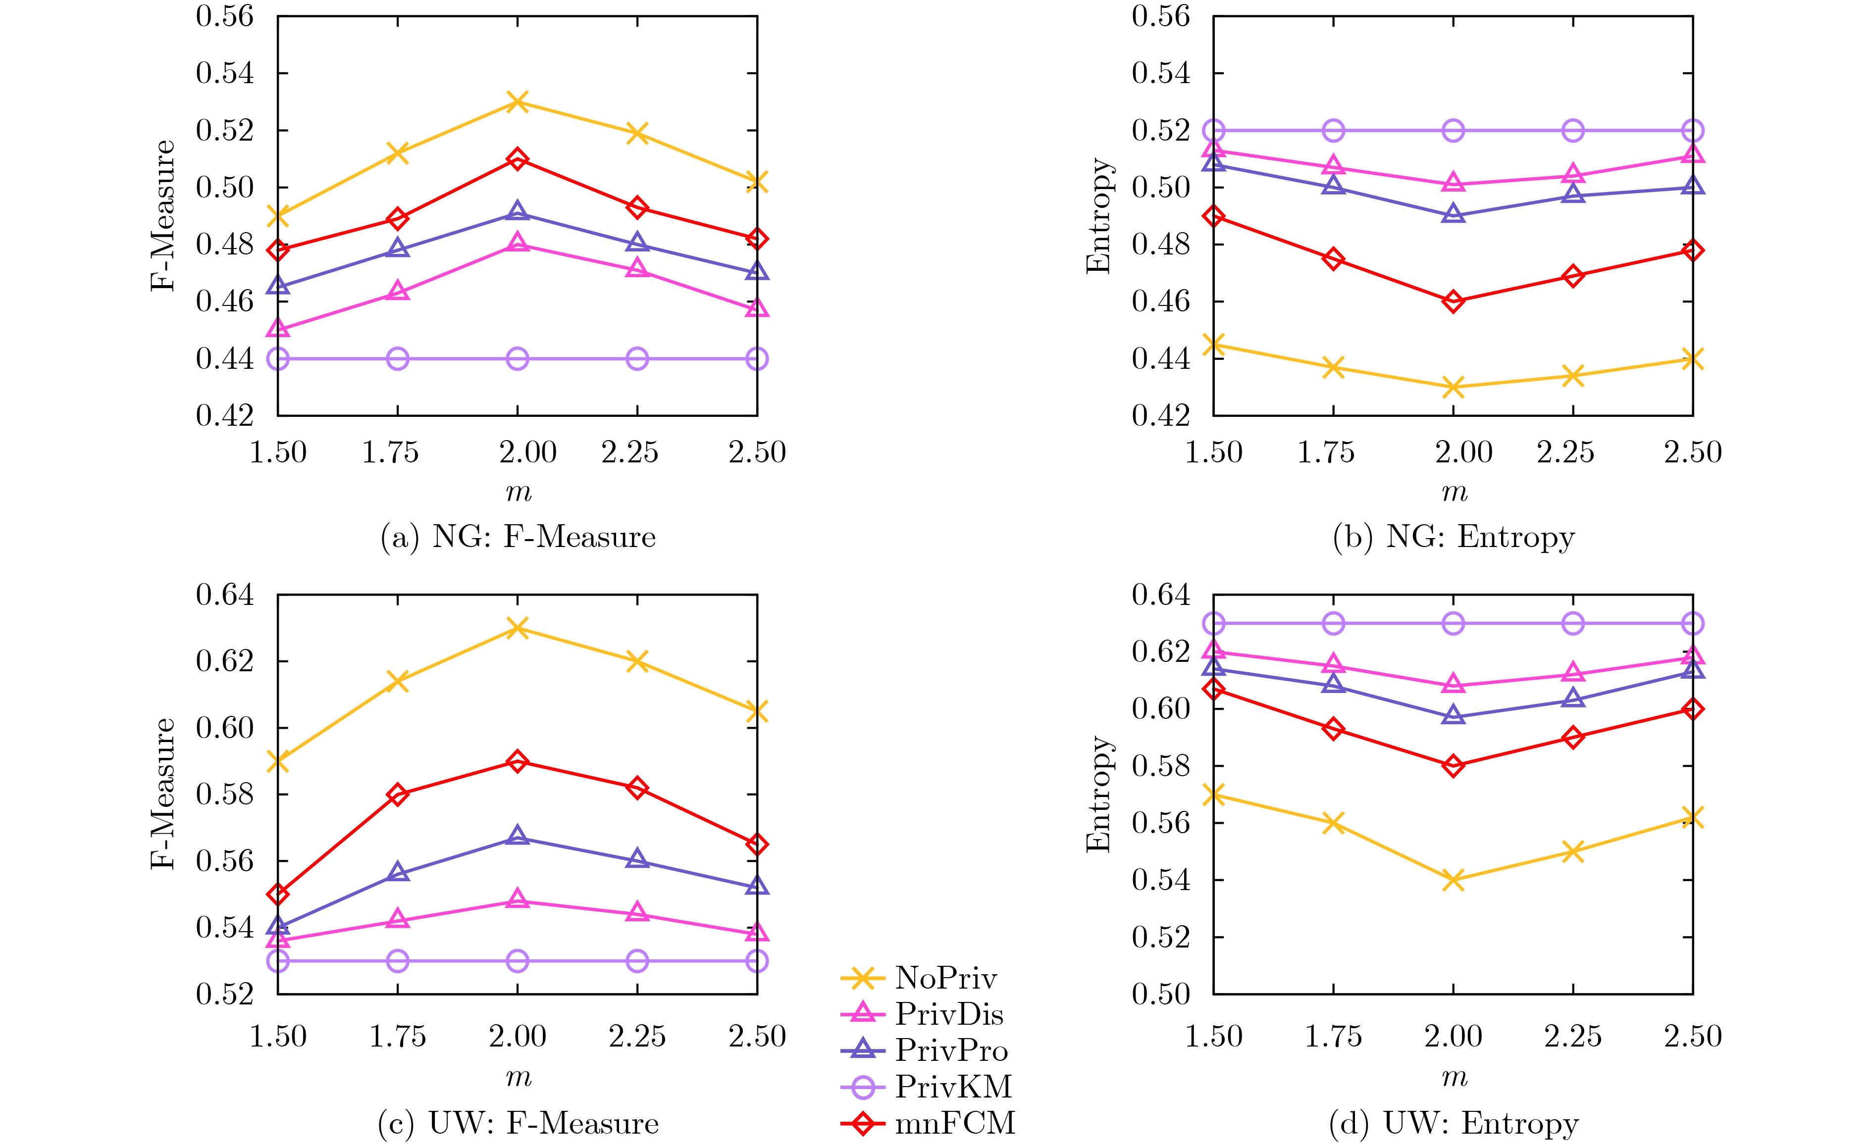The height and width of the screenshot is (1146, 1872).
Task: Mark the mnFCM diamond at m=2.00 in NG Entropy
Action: [1453, 301]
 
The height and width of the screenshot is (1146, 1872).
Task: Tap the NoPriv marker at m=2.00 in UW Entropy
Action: [1453, 880]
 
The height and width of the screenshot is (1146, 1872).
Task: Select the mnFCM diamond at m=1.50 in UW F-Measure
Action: [278, 894]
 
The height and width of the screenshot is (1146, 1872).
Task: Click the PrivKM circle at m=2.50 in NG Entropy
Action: [1692, 131]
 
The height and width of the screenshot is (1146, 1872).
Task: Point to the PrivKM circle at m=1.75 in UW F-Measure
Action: [397, 961]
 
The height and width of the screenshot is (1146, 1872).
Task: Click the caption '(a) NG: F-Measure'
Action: [518, 537]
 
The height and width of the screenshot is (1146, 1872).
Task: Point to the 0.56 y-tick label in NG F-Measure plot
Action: [225, 17]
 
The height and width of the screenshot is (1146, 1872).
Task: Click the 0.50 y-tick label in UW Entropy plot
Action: [1160, 994]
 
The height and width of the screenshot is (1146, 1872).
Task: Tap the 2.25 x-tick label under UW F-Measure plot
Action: [637, 1037]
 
